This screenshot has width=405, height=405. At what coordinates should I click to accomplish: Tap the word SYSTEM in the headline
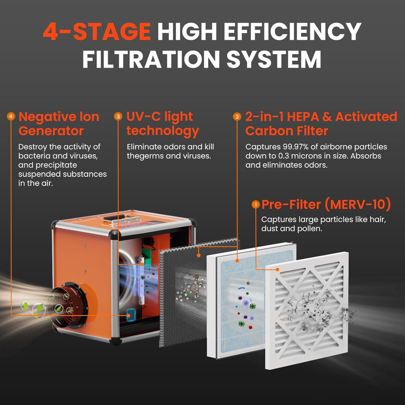pyautogui.click(x=274, y=59)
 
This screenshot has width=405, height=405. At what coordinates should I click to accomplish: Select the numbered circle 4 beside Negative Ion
pyautogui.click(x=11, y=117)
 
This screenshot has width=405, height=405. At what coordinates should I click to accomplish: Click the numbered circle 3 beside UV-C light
pyautogui.click(x=118, y=117)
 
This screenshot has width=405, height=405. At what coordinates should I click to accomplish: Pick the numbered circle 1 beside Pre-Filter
pyautogui.click(x=255, y=205)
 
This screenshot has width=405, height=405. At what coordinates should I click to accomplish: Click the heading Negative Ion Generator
pyautogui.click(x=59, y=124)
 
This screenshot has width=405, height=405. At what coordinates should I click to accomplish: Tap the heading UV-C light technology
pyautogui.click(x=162, y=124)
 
